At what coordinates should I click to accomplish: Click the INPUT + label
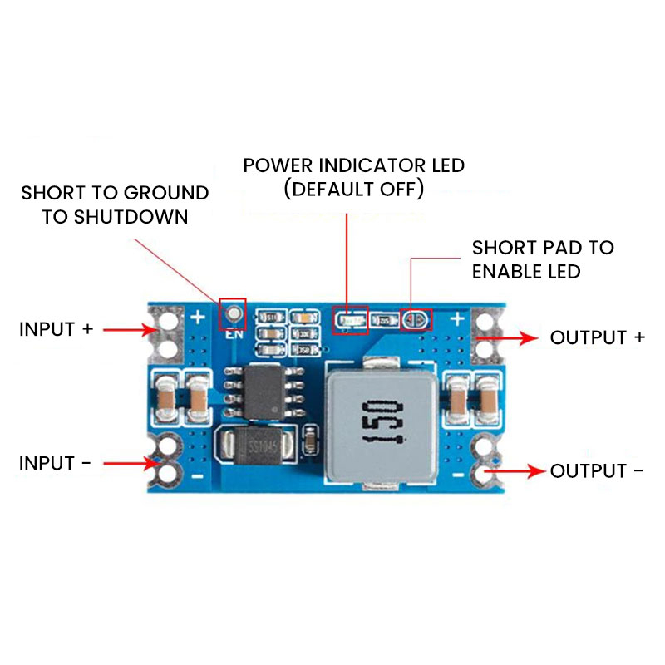click(x=56, y=329)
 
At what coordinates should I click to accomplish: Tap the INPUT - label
click(x=55, y=463)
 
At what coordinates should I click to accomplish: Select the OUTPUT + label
click(x=598, y=337)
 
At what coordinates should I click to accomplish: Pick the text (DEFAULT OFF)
click(x=354, y=189)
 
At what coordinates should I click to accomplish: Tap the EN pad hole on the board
click(x=234, y=313)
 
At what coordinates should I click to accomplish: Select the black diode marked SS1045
click(x=254, y=446)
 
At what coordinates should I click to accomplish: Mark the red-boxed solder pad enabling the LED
click(x=416, y=318)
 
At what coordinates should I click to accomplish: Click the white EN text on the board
click(x=233, y=335)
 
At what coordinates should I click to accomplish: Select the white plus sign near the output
click(x=456, y=318)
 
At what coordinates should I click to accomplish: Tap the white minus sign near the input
click(x=198, y=476)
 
